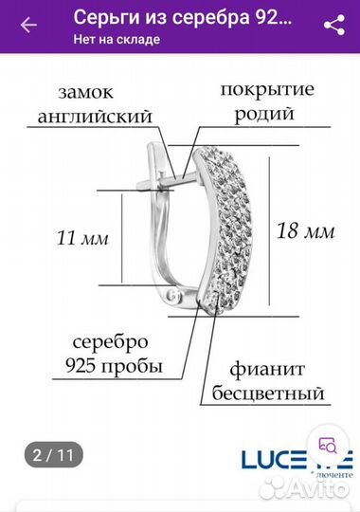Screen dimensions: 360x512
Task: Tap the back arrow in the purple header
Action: click(x=28, y=26)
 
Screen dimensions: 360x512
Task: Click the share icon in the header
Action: click(x=333, y=26)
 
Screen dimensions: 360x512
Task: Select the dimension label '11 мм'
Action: click(x=82, y=237)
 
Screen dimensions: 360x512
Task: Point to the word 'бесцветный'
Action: click(x=275, y=392)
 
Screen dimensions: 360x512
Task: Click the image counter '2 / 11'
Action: click(x=53, y=454)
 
